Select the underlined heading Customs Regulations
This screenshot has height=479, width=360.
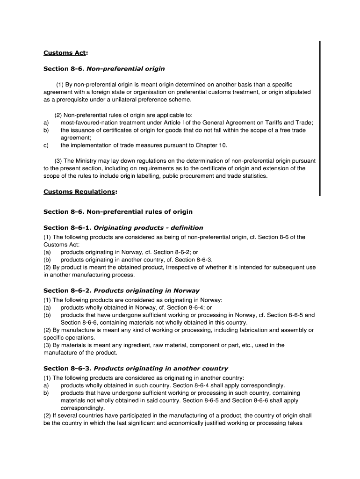tap(79, 192)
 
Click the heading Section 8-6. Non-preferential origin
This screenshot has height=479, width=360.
tap(104, 69)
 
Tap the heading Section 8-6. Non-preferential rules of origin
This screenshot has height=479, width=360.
tap(118, 211)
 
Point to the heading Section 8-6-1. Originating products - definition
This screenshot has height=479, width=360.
tap(123, 228)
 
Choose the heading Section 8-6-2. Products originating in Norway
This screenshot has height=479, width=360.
tap(121, 290)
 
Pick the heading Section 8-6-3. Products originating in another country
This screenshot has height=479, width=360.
tap(136, 369)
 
